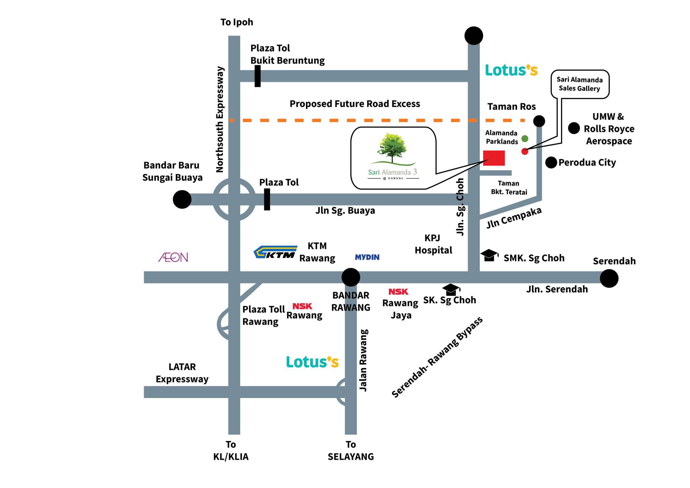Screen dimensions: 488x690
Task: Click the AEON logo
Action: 173,257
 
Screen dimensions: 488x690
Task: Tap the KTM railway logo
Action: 275,252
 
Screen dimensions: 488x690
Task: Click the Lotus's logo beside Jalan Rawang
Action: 312,362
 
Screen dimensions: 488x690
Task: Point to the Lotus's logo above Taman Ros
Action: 511,70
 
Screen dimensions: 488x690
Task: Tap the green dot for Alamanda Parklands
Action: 525,139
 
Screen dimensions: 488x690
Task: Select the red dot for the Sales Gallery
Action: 525,152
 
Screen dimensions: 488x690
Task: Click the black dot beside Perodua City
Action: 551,163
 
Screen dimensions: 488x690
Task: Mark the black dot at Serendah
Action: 609,279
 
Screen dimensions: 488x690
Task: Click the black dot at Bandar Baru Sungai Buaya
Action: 182,199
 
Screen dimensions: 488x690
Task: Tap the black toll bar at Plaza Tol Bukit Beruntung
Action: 258,76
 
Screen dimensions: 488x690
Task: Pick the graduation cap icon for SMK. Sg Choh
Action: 489,255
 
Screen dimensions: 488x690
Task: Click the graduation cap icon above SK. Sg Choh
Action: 451,290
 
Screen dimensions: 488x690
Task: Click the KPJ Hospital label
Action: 433,244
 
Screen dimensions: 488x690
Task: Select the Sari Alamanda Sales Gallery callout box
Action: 580,84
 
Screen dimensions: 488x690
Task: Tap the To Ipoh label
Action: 237,22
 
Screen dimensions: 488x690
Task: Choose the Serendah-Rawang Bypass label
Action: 437,357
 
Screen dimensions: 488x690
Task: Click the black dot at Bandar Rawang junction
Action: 351,277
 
